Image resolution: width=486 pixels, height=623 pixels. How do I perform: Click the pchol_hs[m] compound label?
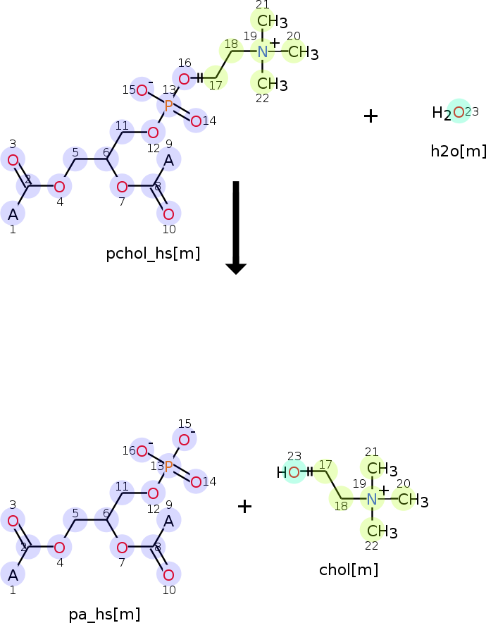[x=153, y=254]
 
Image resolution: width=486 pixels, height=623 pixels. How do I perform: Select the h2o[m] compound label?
[x=459, y=151]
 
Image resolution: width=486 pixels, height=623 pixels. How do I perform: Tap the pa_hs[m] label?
[x=104, y=615]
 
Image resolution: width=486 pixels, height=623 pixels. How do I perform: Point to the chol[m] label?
[x=349, y=569]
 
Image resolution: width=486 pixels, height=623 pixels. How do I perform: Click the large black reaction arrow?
[x=236, y=228]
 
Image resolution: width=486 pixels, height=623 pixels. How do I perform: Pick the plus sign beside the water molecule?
[x=370, y=116]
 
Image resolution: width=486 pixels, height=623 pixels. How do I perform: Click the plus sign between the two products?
[x=244, y=506]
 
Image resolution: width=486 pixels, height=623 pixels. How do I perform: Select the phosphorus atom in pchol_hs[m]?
[x=168, y=106]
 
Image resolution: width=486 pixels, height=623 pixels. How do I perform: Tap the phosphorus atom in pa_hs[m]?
[x=168, y=467]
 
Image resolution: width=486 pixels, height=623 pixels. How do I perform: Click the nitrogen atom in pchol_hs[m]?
[x=262, y=51]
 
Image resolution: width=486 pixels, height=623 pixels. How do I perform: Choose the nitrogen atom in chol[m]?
[x=372, y=499]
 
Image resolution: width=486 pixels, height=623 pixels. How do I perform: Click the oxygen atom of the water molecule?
[x=459, y=113]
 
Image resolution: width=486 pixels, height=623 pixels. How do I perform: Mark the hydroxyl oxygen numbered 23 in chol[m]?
[x=294, y=472]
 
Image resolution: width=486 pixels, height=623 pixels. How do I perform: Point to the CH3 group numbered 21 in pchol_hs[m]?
[x=273, y=21]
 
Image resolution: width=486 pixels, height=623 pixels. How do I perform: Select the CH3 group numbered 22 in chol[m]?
[x=382, y=531]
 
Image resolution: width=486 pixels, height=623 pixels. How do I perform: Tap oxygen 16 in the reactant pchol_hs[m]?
[x=184, y=79]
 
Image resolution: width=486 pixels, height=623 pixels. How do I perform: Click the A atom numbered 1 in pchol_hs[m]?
[x=13, y=214]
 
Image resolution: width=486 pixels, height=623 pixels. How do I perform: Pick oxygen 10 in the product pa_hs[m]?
[x=168, y=575]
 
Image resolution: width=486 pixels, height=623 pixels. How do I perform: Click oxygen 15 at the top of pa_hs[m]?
[x=184, y=440]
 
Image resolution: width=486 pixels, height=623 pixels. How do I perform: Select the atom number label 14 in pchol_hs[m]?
[x=210, y=121]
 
